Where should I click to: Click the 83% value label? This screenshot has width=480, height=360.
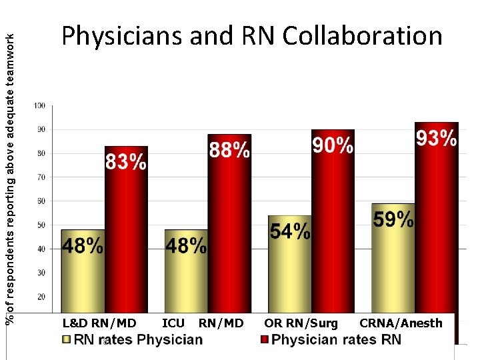click(x=126, y=162)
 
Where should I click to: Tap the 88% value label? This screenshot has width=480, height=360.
click(x=229, y=151)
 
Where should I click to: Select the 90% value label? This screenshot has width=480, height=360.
click(x=333, y=146)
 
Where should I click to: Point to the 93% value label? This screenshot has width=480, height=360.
click(x=436, y=139)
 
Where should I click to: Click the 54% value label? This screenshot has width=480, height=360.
click(x=290, y=231)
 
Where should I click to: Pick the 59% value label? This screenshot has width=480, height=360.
click(x=393, y=219)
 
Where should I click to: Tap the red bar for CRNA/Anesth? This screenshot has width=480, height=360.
click(x=437, y=233)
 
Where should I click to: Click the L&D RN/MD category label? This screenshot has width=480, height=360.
click(x=99, y=323)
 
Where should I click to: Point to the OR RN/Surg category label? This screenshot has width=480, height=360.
click(x=301, y=323)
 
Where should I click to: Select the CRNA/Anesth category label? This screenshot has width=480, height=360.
click(x=401, y=323)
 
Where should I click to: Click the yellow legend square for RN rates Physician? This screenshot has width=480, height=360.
click(x=65, y=340)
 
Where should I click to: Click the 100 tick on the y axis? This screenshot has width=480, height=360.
click(x=40, y=105)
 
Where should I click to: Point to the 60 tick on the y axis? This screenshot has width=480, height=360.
click(x=41, y=201)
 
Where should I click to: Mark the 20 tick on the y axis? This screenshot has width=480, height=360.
click(x=41, y=296)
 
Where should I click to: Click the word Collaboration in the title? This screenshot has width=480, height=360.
click(x=363, y=36)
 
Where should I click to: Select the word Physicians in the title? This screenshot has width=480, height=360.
click(x=122, y=36)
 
